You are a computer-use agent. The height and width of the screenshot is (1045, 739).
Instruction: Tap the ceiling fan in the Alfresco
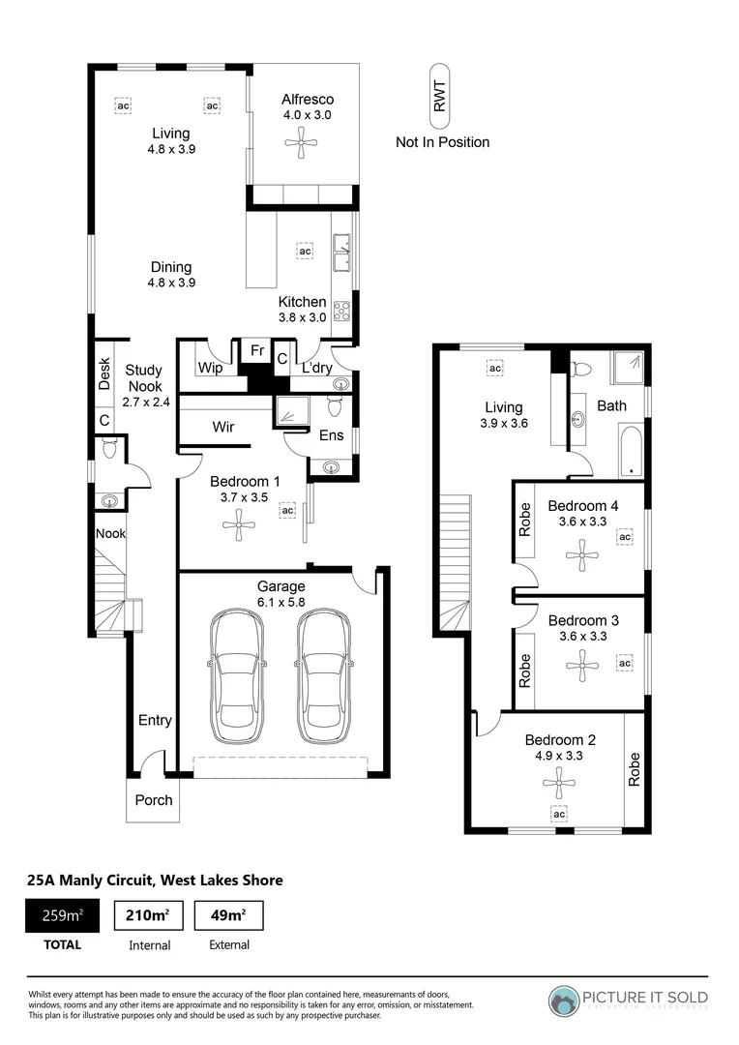click(x=301, y=146)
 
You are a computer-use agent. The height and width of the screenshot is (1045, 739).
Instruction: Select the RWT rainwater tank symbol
click(x=440, y=97)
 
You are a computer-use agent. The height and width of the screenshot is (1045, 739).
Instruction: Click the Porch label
click(x=154, y=799)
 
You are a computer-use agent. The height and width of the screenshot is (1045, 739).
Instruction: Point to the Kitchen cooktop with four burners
click(x=342, y=312)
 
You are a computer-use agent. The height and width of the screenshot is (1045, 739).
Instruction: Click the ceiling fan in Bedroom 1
click(x=238, y=527)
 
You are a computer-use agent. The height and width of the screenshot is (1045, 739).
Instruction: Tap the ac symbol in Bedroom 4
click(x=625, y=536)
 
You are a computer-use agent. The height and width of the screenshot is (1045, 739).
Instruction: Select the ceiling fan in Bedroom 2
click(x=558, y=781)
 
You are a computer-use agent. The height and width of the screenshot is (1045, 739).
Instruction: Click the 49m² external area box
click(x=228, y=915)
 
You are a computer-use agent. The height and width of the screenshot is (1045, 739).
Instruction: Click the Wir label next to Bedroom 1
click(x=224, y=425)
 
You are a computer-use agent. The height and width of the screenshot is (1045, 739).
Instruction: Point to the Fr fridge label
click(x=256, y=350)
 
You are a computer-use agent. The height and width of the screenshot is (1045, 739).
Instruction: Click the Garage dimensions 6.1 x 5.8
click(x=281, y=601)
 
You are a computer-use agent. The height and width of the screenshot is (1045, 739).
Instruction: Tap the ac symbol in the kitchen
click(x=305, y=251)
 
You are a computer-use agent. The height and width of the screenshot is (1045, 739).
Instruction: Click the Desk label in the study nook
click(x=104, y=374)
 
